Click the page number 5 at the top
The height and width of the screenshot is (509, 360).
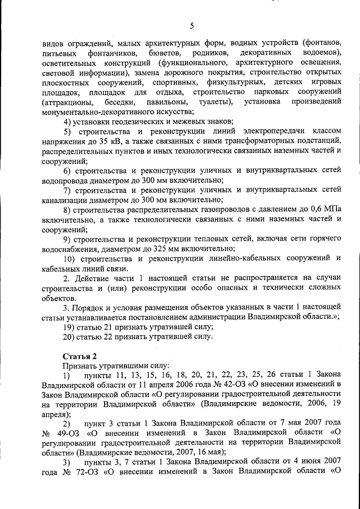pos(191,25)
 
